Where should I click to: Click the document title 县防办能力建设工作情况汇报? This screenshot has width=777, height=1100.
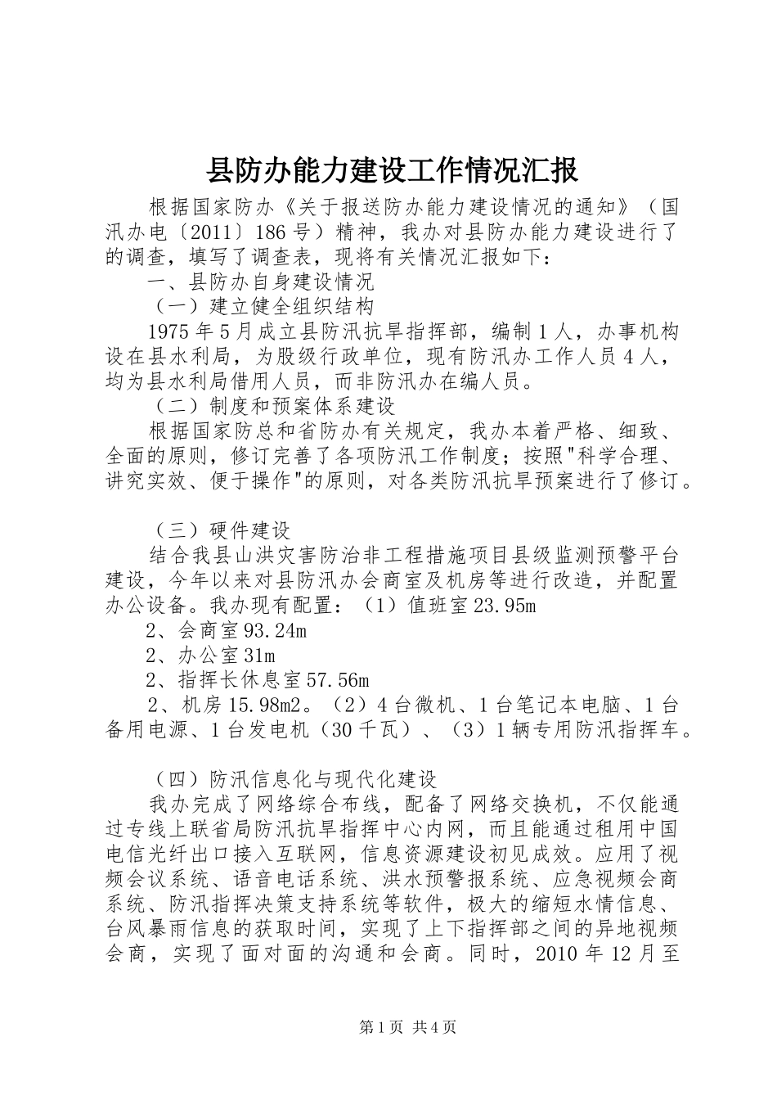pyautogui.click(x=390, y=170)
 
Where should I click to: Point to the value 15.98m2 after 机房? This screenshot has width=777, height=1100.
pyautogui.click(x=261, y=706)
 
